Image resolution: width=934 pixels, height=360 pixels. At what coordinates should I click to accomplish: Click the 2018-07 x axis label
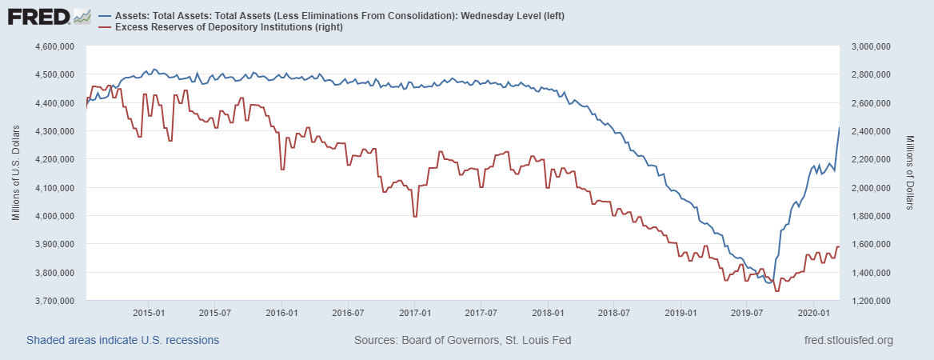pyautogui.click(x=613, y=311)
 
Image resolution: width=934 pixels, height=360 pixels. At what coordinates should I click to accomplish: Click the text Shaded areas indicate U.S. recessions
pyautogui.click(x=122, y=341)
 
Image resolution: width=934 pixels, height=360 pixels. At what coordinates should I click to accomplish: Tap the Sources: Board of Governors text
pyautogui.click(x=462, y=341)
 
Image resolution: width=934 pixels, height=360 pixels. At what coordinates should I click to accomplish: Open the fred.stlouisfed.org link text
pyautogui.click(x=847, y=341)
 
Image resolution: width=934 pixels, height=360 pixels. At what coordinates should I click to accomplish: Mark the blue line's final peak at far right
pyautogui.click(x=838, y=128)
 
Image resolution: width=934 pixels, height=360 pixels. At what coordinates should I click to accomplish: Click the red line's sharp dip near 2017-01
pyautogui.click(x=414, y=217)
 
